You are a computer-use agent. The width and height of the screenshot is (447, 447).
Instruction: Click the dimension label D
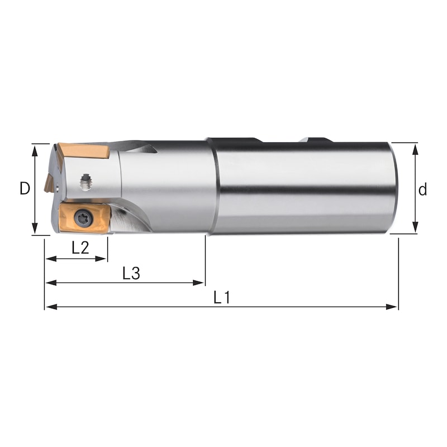click(x=24, y=189)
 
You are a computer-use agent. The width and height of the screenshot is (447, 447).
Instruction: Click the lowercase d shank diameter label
click(x=422, y=190)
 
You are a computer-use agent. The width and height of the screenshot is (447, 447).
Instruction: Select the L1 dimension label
click(x=222, y=297)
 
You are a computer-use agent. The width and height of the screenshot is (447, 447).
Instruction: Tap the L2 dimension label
click(x=80, y=248)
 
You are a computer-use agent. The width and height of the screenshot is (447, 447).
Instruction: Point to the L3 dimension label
click(x=131, y=273)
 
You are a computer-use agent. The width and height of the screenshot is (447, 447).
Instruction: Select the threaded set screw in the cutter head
click(x=85, y=180)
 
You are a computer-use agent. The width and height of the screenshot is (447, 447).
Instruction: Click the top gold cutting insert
click(x=84, y=151)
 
